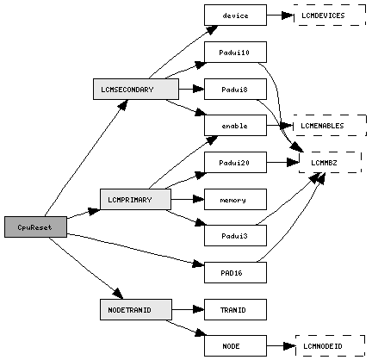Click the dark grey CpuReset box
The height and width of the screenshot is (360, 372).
35,227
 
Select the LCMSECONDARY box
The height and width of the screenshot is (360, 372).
136,90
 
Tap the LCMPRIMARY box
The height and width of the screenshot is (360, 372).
135,199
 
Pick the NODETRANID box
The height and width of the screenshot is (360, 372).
136,309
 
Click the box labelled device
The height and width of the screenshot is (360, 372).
235,16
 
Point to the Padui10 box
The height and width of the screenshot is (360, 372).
235,52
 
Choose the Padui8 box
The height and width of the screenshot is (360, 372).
235,90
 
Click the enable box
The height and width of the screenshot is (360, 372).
235,126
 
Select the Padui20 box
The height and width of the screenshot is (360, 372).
235,163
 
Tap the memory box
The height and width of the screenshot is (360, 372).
235,199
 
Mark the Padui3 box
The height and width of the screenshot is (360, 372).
235,235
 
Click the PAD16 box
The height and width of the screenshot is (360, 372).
235,272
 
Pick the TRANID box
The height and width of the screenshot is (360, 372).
235,309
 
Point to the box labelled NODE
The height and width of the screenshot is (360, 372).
235,346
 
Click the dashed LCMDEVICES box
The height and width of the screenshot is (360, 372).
330,16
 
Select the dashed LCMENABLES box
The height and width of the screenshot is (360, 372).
330,126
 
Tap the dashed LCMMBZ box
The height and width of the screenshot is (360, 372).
330,163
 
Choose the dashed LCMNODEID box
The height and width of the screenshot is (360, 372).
330,346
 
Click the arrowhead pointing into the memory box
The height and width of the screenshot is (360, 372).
198,199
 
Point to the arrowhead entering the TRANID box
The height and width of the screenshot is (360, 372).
198,309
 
